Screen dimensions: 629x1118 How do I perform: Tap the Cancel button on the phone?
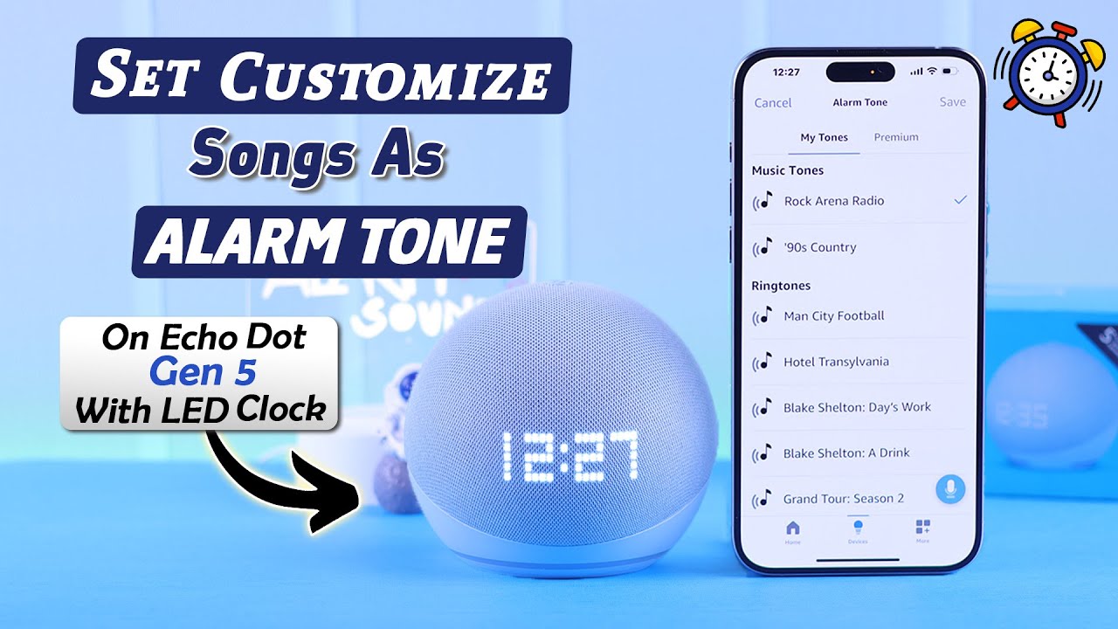(773, 102)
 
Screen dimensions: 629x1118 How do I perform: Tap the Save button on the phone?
(952, 102)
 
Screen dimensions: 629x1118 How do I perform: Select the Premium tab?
(896, 137)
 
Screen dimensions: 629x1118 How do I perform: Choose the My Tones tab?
(824, 137)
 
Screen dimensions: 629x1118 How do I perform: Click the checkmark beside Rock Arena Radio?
(961, 200)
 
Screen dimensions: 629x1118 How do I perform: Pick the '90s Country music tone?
(819, 247)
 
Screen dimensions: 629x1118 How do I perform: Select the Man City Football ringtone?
(833, 316)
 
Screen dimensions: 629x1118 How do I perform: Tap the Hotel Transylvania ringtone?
(836, 362)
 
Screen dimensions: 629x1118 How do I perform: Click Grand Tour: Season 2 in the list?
(843, 499)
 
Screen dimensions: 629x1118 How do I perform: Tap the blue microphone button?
(950, 489)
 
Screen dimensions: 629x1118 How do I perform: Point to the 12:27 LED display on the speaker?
(569, 457)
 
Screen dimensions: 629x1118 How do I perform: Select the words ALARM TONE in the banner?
(328, 240)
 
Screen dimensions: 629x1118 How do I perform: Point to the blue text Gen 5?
(203, 372)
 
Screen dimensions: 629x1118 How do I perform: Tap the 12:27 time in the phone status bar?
(786, 72)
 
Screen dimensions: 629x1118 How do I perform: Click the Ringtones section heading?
(781, 286)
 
